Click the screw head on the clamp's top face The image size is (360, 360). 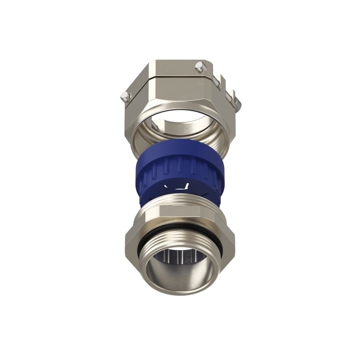pos(199,67)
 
